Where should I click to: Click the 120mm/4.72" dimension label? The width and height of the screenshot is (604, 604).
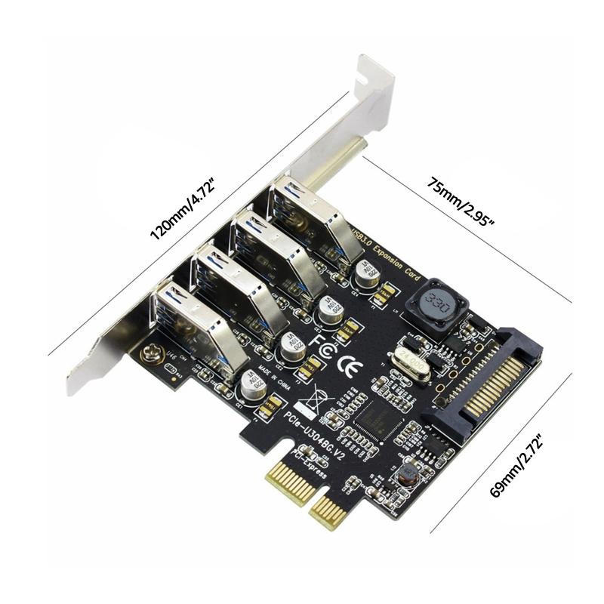[183, 208]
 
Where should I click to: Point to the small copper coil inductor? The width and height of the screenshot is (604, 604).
[408, 475]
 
